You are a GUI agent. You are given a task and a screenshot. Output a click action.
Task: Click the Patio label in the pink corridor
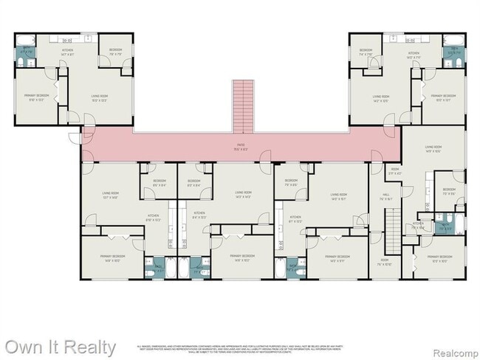pos(241,145)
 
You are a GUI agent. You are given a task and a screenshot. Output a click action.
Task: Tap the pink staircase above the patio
pos(242,103)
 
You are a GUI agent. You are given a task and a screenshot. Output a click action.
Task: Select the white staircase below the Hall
pos(393,221)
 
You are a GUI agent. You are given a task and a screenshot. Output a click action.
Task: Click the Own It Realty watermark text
pos(59,347)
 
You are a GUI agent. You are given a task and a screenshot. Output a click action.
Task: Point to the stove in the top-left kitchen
pos(67,41)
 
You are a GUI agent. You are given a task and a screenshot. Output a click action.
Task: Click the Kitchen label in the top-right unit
pos(414,54)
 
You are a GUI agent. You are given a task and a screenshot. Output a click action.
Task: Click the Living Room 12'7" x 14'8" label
pos(112,195)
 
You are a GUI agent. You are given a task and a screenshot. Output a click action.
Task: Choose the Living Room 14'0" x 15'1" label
pos(339,195)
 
